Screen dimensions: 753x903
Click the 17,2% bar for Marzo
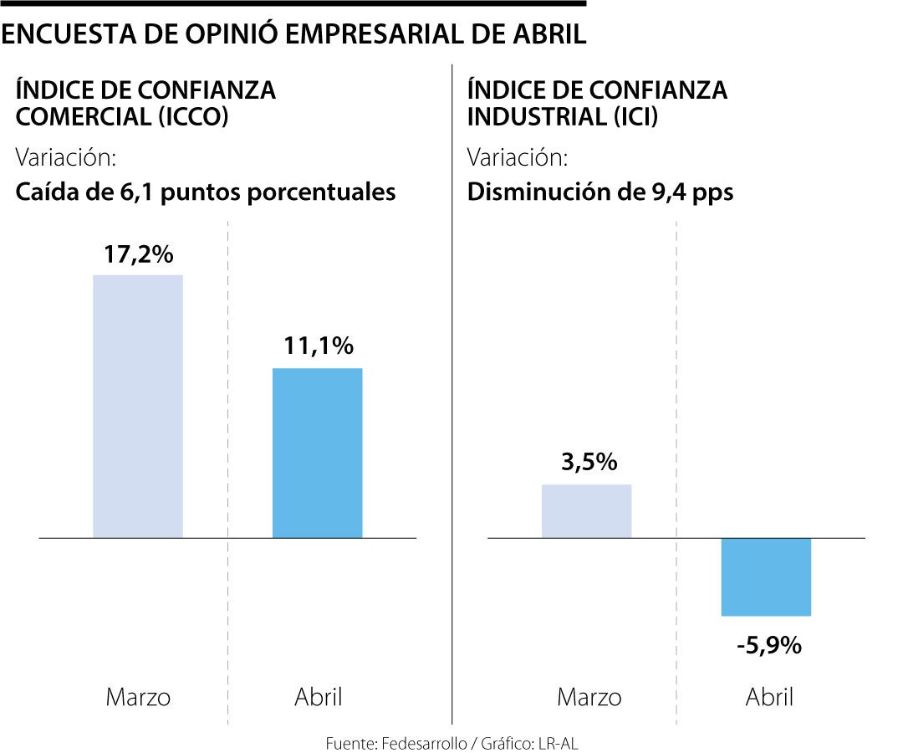(x=138, y=406)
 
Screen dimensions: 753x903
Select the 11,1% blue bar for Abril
(x=318, y=453)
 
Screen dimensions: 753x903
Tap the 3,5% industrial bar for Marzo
(x=586, y=510)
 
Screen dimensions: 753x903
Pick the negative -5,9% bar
(x=766, y=576)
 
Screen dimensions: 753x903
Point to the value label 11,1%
(x=318, y=346)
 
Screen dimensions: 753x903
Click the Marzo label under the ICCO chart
(x=138, y=697)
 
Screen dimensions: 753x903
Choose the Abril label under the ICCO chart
(x=319, y=697)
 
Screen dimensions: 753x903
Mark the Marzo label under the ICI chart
(x=589, y=697)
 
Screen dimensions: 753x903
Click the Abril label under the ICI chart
(x=769, y=697)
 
